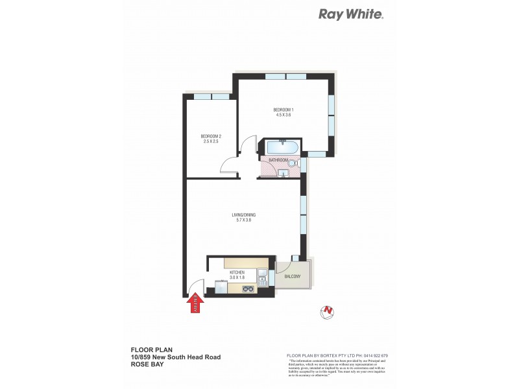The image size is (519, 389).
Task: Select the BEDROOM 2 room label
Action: [x=211, y=136]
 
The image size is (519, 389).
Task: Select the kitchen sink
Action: [x=262, y=279]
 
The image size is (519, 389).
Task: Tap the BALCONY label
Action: [x=293, y=277]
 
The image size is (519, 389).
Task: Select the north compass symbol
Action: [x=328, y=312]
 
